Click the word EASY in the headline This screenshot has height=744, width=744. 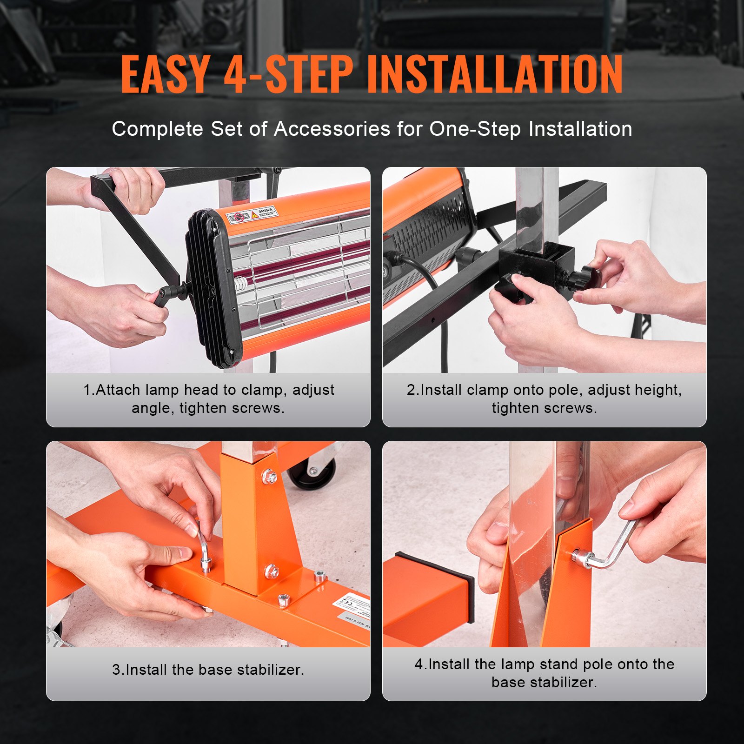(165, 74)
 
